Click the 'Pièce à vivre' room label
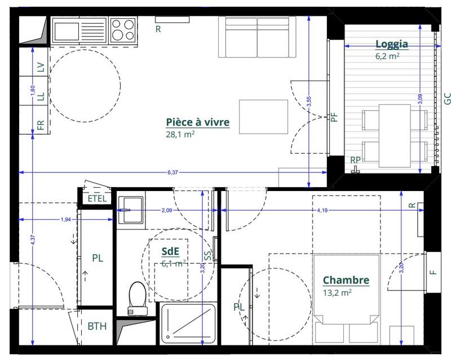pyautogui.click(x=197, y=122)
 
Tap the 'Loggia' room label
pyautogui.click(x=391, y=45)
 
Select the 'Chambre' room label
pyautogui.click(x=346, y=280)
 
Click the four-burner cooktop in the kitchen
pyautogui.click(x=122, y=29)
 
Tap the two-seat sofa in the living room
pyautogui.click(x=257, y=37)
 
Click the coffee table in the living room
pyautogui.click(x=263, y=117)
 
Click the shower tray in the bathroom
pyautogui.click(x=188, y=327)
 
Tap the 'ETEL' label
pyautogui.click(x=96, y=198)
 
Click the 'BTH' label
pyautogui.click(x=96, y=326)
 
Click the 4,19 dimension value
pyautogui.click(x=322, y=210)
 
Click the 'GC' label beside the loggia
pyautogui.click(x=446, y=99)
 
